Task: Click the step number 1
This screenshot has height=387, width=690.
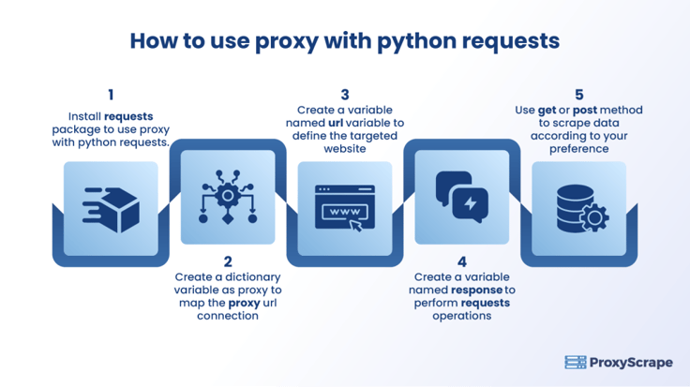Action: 111,95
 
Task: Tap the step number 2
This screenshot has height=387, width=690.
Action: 228,261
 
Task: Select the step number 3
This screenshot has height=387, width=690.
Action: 345,95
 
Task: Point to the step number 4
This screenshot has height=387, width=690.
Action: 461,261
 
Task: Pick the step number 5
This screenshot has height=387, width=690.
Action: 579,95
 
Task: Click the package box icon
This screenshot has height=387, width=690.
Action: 111,210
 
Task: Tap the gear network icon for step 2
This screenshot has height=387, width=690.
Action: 228,197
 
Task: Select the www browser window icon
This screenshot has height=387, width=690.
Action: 345,208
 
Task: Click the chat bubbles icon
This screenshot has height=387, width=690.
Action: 461,197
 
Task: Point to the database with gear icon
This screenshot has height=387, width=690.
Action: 582,208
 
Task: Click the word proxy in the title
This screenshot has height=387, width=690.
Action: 287,42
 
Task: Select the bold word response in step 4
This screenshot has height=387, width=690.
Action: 477,290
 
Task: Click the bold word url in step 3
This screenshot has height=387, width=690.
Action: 336,123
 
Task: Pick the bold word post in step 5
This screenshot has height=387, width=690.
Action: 585,111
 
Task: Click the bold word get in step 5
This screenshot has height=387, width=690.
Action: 547,111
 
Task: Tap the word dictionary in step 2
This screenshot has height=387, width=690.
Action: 253,277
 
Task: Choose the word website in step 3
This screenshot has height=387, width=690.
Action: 345,149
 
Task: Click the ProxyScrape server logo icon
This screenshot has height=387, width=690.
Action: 576,363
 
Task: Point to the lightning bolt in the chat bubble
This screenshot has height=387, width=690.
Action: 471,203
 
